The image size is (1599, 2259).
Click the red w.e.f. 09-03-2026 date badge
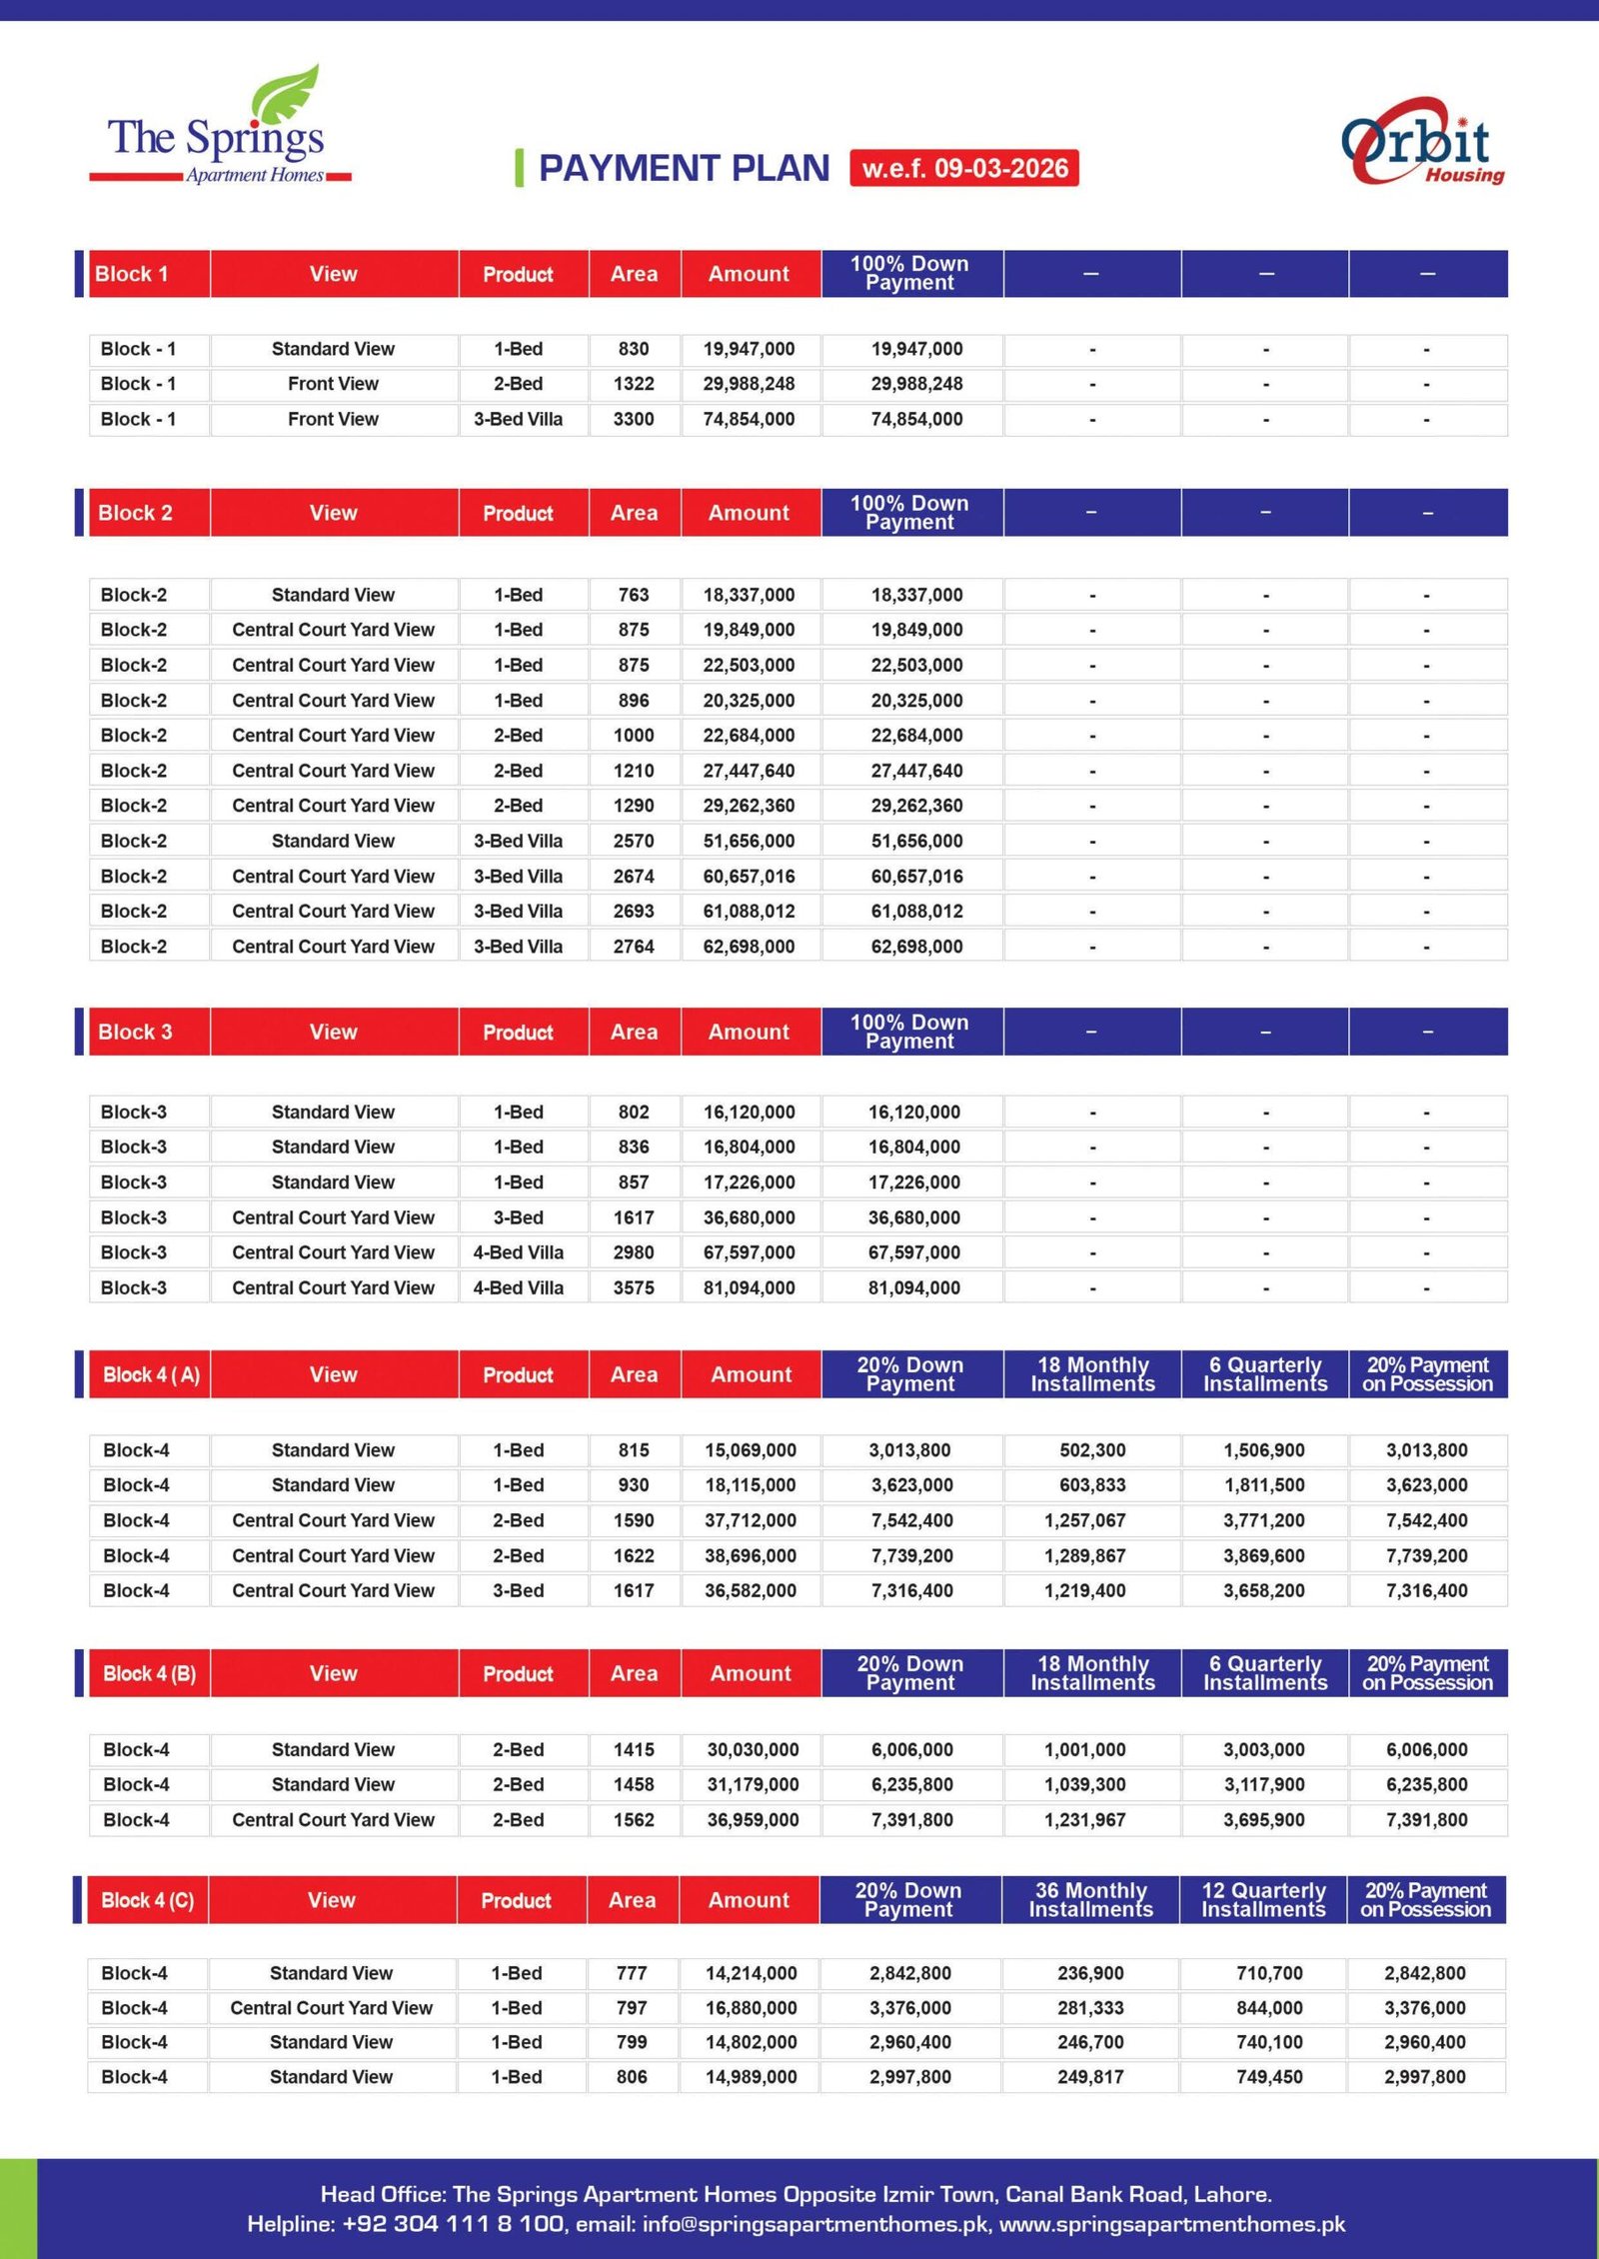(x=963, y=168)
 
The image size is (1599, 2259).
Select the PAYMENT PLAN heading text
(x=684, y=168)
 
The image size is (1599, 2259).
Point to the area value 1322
(x=634, y=384)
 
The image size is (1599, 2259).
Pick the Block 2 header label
(x=135, y=513)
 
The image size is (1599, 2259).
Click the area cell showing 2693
(x=634, y=912)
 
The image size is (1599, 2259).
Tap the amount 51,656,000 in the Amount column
(x=749, y=842)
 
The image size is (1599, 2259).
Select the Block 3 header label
(x=135, y=1032)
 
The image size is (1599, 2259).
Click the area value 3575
(x=634, y=1288)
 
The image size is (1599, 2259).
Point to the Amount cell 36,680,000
(x=749, y=1217)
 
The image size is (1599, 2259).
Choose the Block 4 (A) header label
(x=151, y=1374)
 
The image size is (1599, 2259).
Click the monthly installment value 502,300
(x=1092, y=1450)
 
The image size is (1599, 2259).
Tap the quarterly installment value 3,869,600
(x=1264, y=1556)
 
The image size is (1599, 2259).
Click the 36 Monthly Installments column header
(x=1090, y=1899)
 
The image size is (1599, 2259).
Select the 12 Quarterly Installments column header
(x=1263, y=1899)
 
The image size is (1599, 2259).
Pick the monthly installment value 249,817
(x=1090, y=2077)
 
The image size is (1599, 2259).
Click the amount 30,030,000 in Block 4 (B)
(x=753, y=1750)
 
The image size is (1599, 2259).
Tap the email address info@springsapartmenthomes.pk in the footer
(x=814, y=2224)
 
